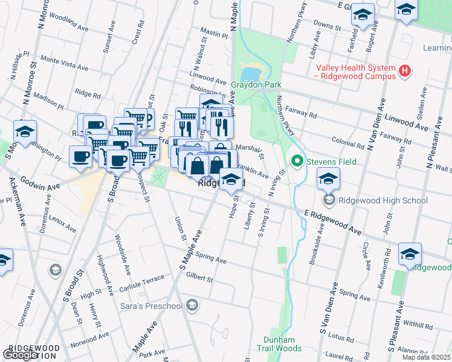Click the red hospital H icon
click(405, 72)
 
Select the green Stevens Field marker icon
click(297, 162)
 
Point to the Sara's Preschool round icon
click(192, 306)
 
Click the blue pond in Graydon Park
click(250, 74)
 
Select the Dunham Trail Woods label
click(279, 344)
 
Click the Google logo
click(21, 355)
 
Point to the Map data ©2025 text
click(426, 357)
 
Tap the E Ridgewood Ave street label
click(333, 222)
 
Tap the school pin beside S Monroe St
click(25, 132)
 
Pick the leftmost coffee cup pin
click(80, 157)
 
